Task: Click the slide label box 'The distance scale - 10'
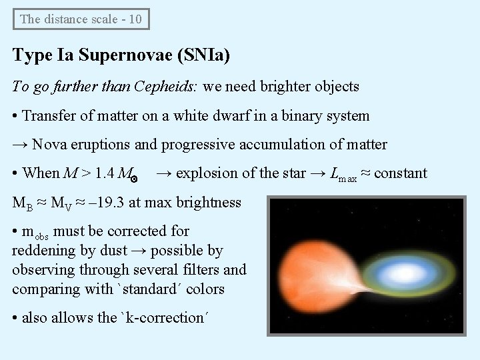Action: point(81,19)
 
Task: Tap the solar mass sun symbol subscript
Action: point(133,178)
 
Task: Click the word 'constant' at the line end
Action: point(401,173)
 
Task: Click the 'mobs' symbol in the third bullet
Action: point(37,233)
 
